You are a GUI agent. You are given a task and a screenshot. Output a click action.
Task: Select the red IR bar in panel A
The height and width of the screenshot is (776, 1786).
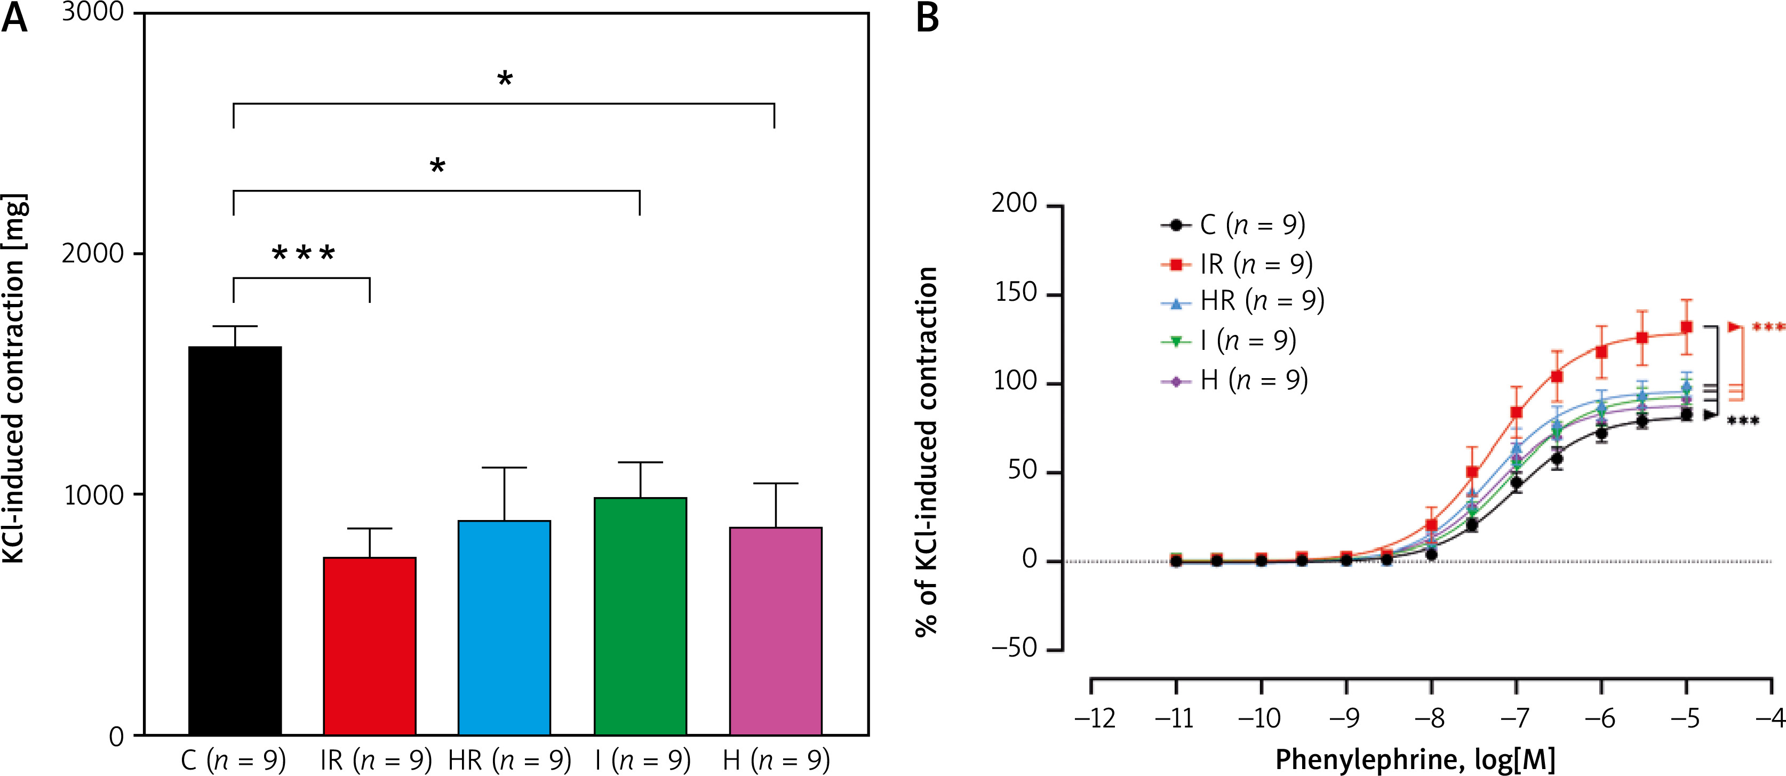[x=370, y=645]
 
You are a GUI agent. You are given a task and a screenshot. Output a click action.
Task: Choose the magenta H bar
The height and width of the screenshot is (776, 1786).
[x=775, y=630]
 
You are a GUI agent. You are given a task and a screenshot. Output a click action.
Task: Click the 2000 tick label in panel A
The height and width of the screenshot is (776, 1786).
[x=93, y=254]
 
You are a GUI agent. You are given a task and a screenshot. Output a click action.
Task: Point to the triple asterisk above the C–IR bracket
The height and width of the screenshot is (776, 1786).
[x=303, y=254]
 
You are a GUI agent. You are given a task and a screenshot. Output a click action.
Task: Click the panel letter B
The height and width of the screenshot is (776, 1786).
[x=927, y=18]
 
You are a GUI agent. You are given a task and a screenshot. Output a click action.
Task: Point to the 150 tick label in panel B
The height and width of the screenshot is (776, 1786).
[x=1016, y=293]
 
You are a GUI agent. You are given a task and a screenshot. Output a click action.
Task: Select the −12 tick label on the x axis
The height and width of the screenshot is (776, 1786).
[x=1094, y=718]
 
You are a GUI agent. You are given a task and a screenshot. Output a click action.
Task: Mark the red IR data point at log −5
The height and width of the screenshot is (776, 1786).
[x=1687, y=326]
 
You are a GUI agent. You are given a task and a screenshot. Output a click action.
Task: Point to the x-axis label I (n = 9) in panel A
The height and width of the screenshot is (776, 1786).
[x=643, y=760]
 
